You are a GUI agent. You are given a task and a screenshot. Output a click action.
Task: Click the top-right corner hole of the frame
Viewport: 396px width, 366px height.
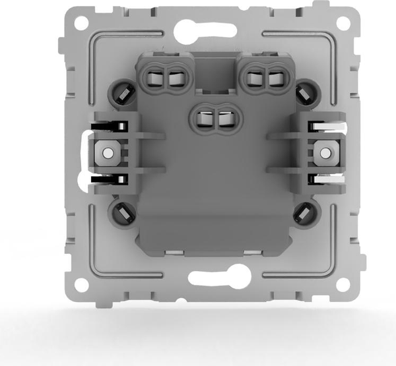click(x=343, y=22)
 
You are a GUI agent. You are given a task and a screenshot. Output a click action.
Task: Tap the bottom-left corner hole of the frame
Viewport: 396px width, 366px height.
click(x=81, y=285)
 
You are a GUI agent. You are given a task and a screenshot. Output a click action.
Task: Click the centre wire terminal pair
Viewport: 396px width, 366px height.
click(x=215, y=119)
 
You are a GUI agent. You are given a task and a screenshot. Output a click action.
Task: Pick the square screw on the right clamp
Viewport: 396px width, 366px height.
click(x=323, y=153)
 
